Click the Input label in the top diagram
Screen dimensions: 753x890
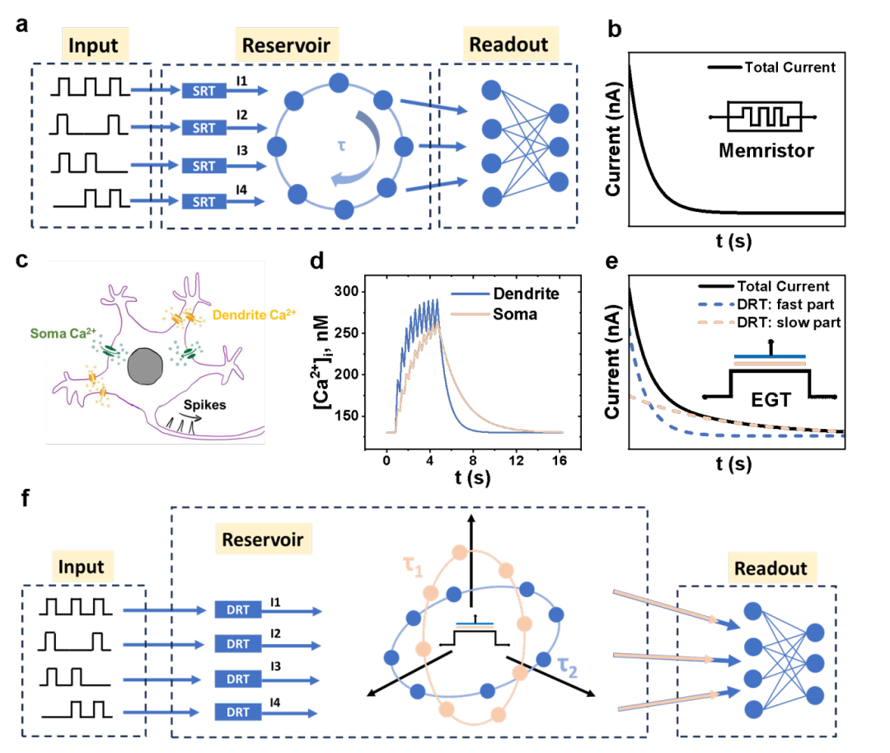93,46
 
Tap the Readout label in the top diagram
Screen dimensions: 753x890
508,44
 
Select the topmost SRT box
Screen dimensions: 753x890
204,91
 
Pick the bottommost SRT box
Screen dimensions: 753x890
204,202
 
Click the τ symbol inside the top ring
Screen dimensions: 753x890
340,146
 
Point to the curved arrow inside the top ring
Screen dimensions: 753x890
363,148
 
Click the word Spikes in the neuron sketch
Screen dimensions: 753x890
204,406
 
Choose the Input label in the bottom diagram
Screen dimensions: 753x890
81,567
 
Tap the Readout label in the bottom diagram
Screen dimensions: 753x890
771,568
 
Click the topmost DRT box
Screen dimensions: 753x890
238,610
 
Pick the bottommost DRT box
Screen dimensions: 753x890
238,712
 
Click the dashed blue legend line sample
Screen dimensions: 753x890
715,303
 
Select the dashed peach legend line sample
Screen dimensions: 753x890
715,322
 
